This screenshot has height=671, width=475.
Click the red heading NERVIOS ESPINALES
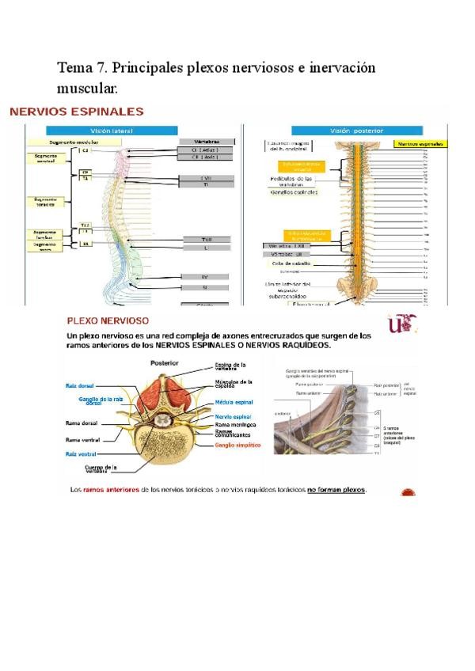pos(76,112)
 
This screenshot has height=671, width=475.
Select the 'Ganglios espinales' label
pos(294,191)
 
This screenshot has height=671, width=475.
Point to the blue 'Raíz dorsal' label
pos(81,386)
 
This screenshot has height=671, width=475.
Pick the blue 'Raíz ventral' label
pos(81,453)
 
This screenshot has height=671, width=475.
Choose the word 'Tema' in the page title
pos(74,69)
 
